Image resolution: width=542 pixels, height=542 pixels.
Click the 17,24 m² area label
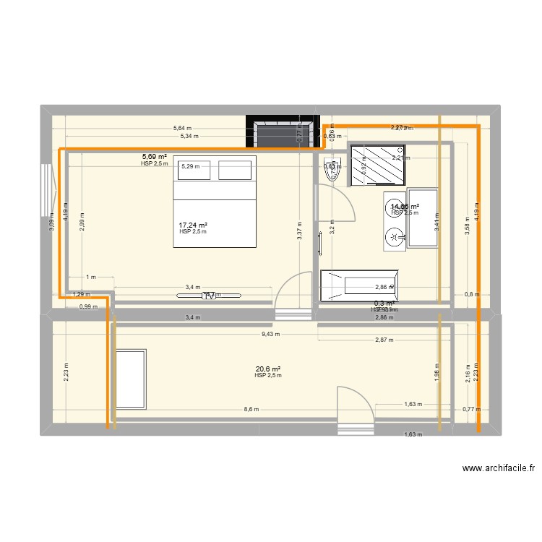point(193,225)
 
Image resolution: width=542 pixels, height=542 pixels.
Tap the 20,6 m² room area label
point(267,369)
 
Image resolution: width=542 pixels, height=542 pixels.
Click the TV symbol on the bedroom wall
point(210,296)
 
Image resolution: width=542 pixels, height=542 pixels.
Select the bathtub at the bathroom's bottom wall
point(358,285)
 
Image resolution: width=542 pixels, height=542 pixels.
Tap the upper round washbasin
point(394,206)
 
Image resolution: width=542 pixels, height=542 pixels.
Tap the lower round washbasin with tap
point(394,236)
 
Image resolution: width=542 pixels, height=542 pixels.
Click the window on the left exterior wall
point(48,190)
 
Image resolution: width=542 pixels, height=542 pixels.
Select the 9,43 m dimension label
point(272,334)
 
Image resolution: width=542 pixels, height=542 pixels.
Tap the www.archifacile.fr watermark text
point(499,468)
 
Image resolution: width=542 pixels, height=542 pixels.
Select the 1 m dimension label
point(91,277)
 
